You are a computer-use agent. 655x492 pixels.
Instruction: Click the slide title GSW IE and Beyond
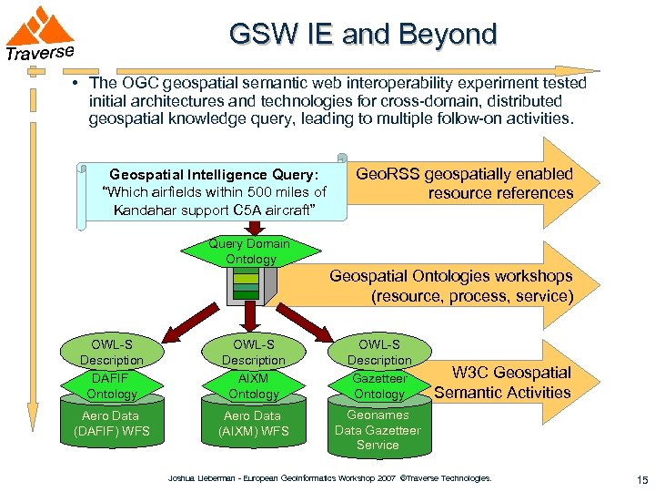(x=363, y=35)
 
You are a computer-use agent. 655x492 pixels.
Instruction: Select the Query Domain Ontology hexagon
(x=249, y=251)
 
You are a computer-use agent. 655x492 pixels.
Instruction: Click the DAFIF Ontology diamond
(x=111, y=385)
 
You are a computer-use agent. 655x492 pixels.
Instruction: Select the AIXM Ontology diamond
(x=253, y=385)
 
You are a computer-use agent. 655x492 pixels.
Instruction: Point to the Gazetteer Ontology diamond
(x=378, y=385)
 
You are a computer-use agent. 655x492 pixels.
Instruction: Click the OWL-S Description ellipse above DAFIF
(x=111, y=352)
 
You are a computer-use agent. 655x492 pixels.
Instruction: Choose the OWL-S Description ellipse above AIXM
(x=253, y=352)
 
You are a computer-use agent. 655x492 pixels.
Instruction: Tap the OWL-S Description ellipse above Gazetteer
(x=378, y=352)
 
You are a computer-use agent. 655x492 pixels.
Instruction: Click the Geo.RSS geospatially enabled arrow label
(x=464, y=183)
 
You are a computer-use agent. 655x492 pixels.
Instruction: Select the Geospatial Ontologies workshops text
(x=451, y=285)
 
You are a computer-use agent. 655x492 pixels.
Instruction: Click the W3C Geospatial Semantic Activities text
(x=502, y=383)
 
